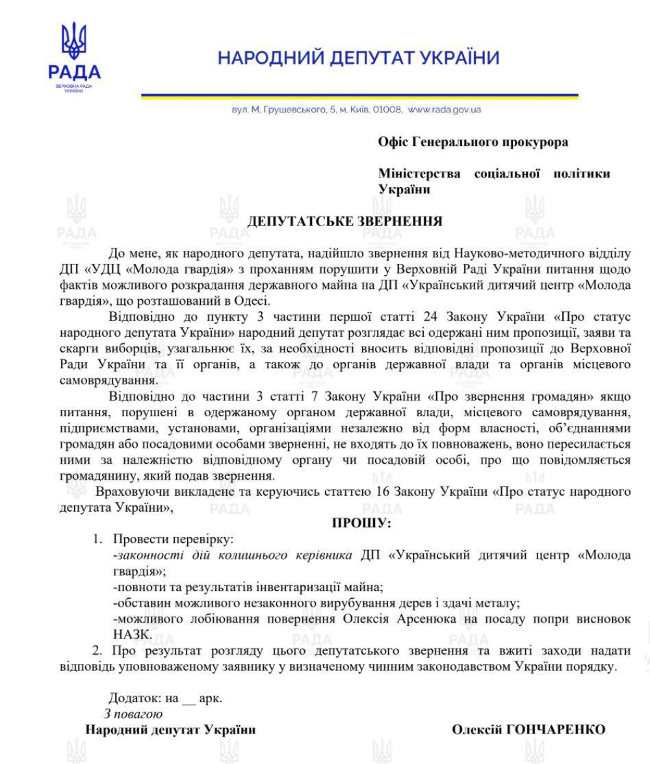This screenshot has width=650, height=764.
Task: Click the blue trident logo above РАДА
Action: click(x=73, y=41)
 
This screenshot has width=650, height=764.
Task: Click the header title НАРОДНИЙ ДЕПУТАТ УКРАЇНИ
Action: click(x=358, y=59)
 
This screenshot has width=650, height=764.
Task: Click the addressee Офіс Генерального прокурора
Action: click(x=473, y=142)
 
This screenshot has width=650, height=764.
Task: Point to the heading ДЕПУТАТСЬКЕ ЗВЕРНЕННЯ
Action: click(x=344, y=221)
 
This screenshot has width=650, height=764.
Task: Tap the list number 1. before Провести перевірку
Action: click(x=97, y=539)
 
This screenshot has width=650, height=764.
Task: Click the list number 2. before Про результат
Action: click(x=97, y=650)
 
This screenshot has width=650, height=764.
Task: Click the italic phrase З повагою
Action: click(x=129, y=714)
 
